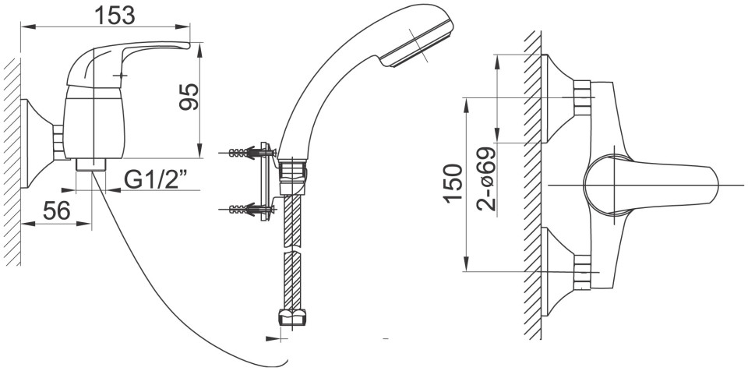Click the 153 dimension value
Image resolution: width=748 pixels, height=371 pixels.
[x=115, y=15]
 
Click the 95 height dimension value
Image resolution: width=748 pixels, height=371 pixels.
[x=189, y=97]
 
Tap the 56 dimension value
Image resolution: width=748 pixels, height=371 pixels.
[x=56, y=210]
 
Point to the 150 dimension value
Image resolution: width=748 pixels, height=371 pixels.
[x=453, y=184]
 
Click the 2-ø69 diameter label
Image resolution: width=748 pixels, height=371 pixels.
[x=486, y=179]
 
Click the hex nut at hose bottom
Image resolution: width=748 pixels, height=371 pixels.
[x=292, y=317]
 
